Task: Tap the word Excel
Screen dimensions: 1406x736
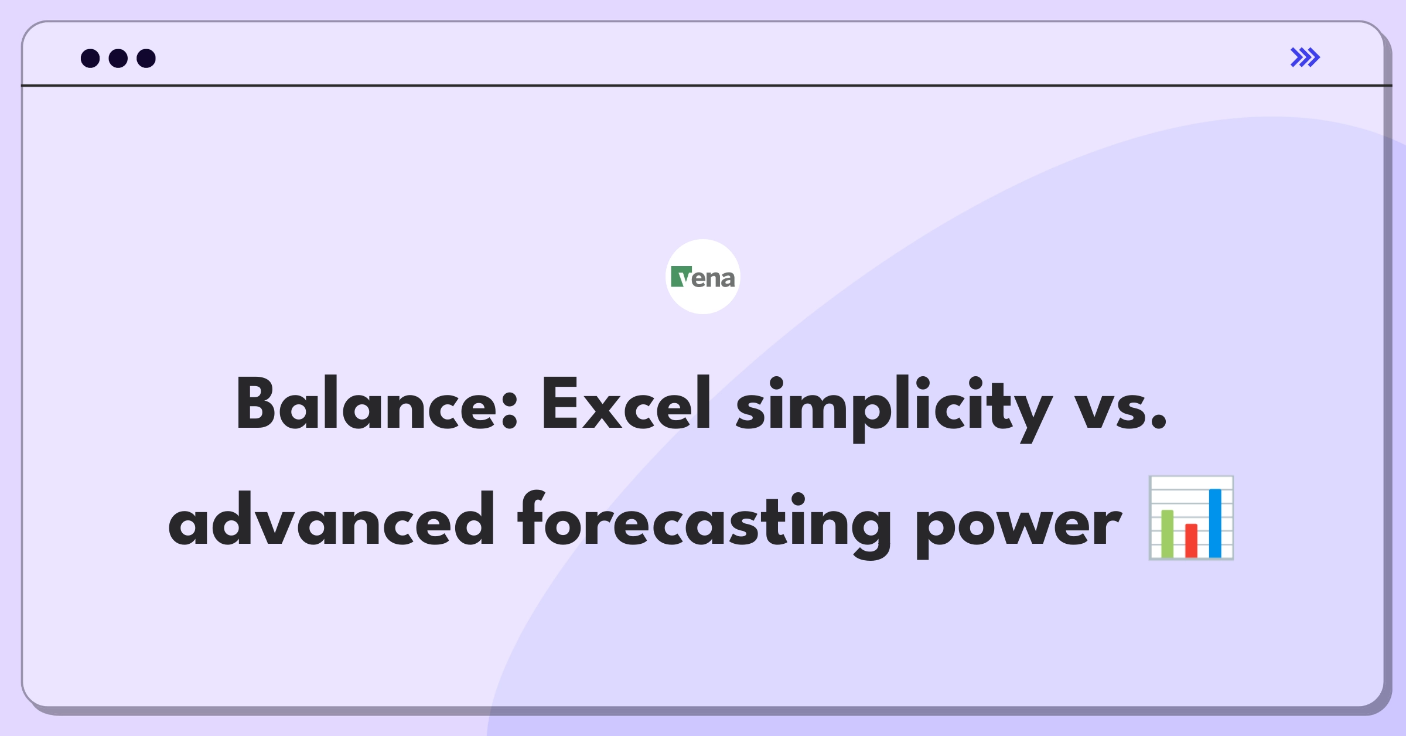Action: (x=626, y=404)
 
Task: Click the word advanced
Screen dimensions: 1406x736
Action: (x=332, y=519)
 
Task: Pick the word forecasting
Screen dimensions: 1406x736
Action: (x=704, y=524)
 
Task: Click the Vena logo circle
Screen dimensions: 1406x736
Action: (x=703, y=277)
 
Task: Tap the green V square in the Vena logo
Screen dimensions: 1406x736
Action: (x=681, y=277)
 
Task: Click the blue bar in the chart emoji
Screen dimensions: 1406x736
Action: (x=1215, y=523)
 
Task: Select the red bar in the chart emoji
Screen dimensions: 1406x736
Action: (x=1191, y=540)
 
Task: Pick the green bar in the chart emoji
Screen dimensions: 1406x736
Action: (x=1168, y=533)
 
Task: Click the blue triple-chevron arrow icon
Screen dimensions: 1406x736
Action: (x=1305, y=57)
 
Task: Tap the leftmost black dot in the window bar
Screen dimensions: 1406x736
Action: (x=90, y=58)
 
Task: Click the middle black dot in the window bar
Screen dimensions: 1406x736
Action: (x=118, y=58)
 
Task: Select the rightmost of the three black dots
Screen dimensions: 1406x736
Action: (x=146, y=58)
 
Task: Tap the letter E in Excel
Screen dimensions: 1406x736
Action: (x=559, y=404)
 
